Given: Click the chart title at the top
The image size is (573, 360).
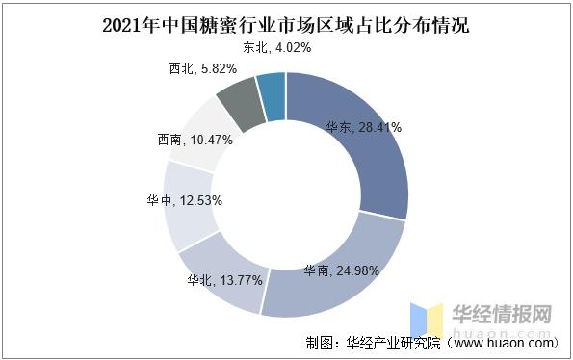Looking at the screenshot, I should [x=286, y=23].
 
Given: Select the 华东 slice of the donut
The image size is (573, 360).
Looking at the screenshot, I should [x=371, y=164].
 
